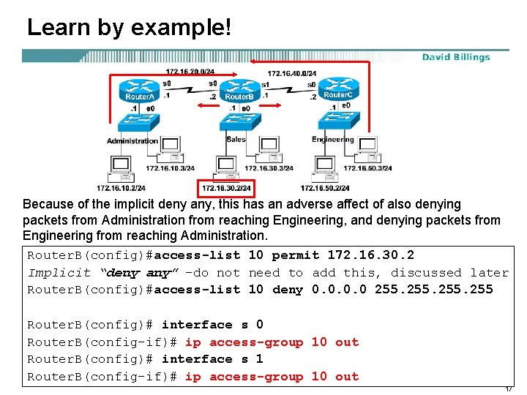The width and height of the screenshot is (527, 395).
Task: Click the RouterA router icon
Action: [x=140, y=91]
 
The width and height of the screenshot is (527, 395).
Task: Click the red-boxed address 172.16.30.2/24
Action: [x=226, y=188]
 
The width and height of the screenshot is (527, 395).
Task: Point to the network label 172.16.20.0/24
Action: [x=190, y=72]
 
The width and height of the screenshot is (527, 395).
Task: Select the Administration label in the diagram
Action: [x=132, y=140]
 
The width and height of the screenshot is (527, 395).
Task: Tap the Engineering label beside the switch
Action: [x=333, y=139]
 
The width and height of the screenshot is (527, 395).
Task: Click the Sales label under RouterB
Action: [x=236, y=139]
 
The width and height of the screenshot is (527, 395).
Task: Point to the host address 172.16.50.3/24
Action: [x=367, y=168]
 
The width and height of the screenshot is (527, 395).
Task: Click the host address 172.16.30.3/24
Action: [x=269, y=168]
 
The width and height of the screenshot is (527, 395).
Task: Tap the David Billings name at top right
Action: [x=456, y=57]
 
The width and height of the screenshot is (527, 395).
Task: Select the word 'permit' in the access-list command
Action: [x=295, y=255]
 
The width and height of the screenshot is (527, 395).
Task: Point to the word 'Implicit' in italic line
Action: [x=59, y=273]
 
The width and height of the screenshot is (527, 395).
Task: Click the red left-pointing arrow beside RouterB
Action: [x=209, y=105]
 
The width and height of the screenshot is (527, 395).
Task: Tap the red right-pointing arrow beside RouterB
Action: [x=272, y=105]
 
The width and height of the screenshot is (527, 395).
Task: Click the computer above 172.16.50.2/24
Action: [x=324, y=169]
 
